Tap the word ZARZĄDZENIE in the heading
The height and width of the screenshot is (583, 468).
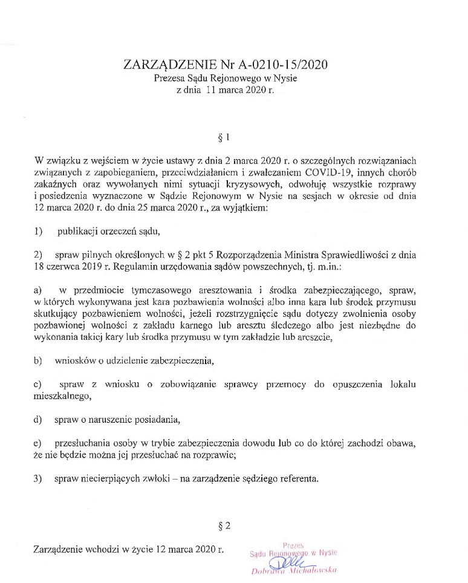tap(167, 64)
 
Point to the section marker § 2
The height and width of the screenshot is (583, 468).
tap(225, 526)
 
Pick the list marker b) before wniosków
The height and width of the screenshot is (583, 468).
tap(39, 361)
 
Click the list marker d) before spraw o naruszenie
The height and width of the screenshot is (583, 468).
tap(39, 420)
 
